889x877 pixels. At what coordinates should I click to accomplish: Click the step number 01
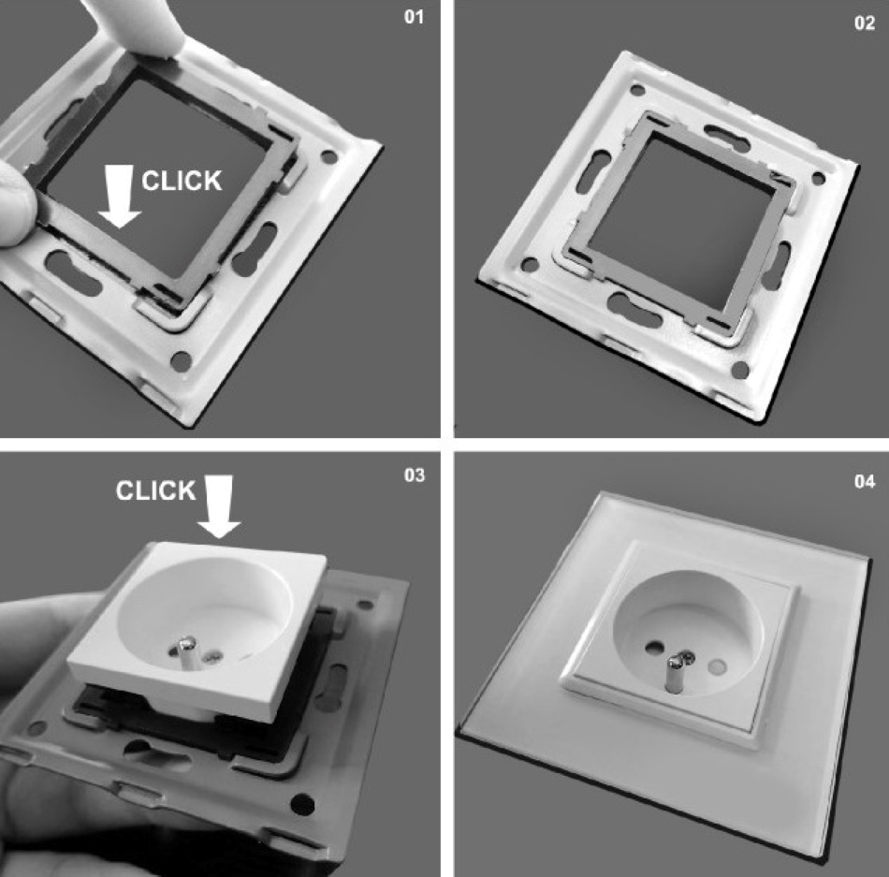(414, 17)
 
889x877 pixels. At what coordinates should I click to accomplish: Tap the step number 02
(865, 22)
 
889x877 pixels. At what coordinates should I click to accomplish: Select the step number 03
(415, 475)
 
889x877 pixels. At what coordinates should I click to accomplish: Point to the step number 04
(865, 481)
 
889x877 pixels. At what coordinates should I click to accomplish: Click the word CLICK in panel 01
(182, 181)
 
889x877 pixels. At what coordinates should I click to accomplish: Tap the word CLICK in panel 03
(156, 490)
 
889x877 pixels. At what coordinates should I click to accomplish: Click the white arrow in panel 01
(120, 197)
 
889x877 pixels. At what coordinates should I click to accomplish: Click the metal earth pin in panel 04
(675, 672)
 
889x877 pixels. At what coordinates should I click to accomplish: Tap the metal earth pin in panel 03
(185, 655)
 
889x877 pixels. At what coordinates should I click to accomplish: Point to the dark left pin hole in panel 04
(655, 646)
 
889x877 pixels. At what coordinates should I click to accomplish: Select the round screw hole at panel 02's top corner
(638, 90)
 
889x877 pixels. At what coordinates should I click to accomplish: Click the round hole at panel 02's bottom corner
(740, 370)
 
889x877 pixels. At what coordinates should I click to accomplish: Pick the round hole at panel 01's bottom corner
(181, 360)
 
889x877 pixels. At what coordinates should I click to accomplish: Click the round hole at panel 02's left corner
(530, 264)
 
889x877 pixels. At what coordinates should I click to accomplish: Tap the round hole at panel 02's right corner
(818, 178)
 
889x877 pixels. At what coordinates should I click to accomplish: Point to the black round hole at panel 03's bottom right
(302, 804)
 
